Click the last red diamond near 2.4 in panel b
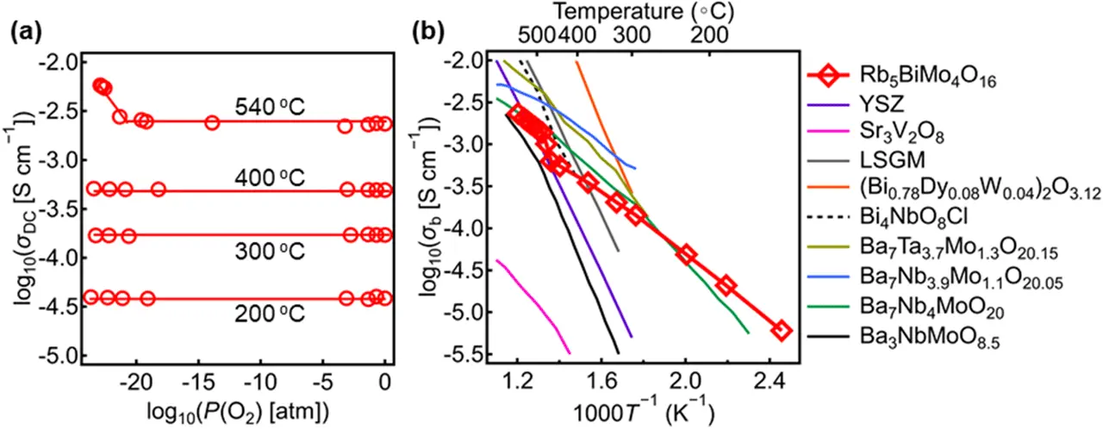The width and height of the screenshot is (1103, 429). tap(781, 330)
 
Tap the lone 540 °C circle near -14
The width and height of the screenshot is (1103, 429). tap(212, 123)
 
